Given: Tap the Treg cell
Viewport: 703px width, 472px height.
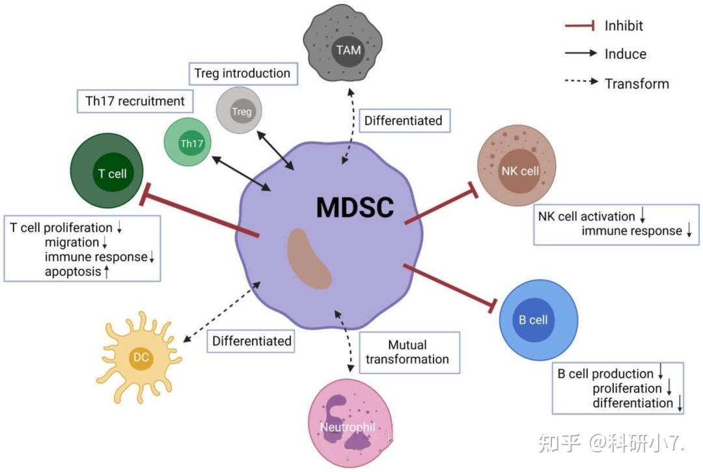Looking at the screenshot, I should (x=241, y=111).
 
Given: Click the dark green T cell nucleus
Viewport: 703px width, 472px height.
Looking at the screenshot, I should (x=112, y=174).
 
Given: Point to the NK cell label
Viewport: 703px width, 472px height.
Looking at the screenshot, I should (x=519, y=171).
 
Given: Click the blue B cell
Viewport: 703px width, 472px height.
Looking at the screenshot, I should (x=538, y=320).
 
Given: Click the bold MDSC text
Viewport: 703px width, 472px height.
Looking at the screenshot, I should (x=355, y=208).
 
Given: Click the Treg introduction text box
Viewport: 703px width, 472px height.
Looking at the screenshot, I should (x=242, y=73).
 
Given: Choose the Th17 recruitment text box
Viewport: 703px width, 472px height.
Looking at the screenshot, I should (x=135, y=101).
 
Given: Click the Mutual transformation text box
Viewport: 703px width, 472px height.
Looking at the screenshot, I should (x=407, y=352).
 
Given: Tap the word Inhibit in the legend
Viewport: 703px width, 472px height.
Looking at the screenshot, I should (x=624, y=26).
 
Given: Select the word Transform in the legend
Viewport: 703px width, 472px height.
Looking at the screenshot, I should (x=636, y=83).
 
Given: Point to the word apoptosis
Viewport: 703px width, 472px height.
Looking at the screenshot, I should (x=74, y=271).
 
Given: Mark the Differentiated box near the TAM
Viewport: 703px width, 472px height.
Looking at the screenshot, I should (x=403, y=120).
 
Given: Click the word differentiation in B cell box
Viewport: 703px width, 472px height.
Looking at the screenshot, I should (x=632, y=403).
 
